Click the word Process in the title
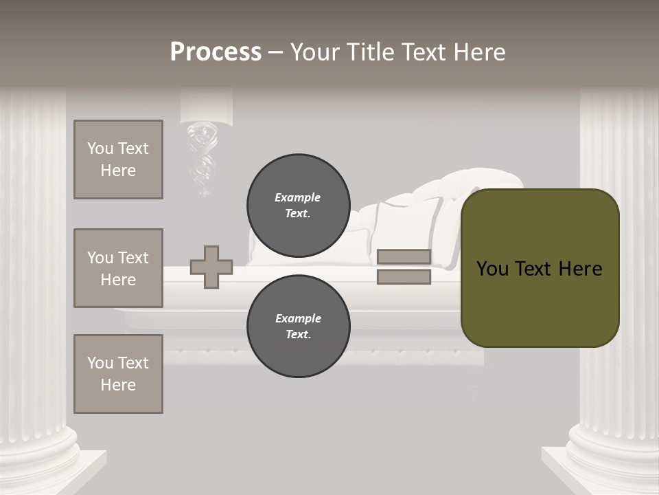[216, 52]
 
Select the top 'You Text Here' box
[118, 159]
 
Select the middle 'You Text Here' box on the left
[118, 268]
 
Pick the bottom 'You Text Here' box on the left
[118, 374]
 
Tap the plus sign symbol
[211, 267]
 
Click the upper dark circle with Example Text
[298, 206]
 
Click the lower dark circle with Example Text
[298, 327]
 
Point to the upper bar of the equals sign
[404, 256]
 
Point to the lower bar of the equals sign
[404, 277]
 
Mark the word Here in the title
[481, 52]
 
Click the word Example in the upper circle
[297, 197]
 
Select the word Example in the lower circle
[298, 318]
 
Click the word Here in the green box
[580, 269]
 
